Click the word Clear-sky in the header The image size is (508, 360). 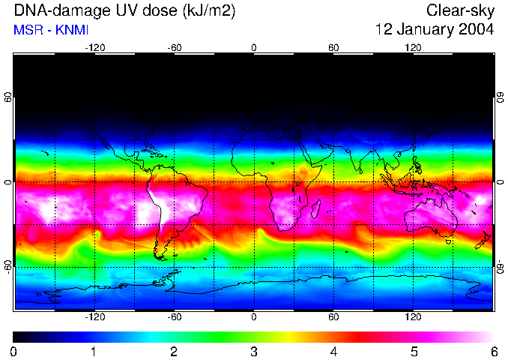pyautogui.click(x=460, y=10)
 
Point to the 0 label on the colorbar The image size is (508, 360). pyautogui.click(x=14, y=351)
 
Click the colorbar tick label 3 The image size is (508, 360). pyautogui.click(x=254, y=351)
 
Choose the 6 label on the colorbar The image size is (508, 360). pyautogui.click(x=493, y=351)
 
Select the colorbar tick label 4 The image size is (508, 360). pyautogui.click(x=333, y=351)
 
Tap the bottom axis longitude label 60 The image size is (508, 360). pyautogui.click(x=333, y=317)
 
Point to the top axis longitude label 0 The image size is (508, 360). pyautogui.click(x=254, y=48)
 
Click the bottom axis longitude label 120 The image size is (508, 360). pyautogui.click(x=413, y=317)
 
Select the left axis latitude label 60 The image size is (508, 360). pyautogui.click(x=7, y=97)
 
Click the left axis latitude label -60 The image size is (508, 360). pyautogui.click(x=7, y=266)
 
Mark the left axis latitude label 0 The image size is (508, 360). pyautogui.click(x=7, y=182)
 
